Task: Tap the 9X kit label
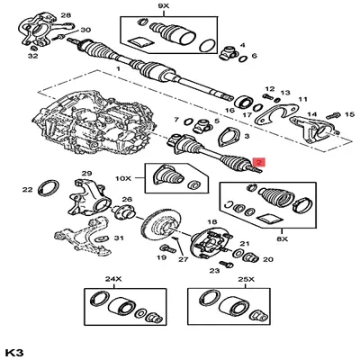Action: [163, 6]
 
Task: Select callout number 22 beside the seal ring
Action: [27, 189]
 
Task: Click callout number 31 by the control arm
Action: [118, 238]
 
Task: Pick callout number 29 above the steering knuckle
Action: [87, 174]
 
